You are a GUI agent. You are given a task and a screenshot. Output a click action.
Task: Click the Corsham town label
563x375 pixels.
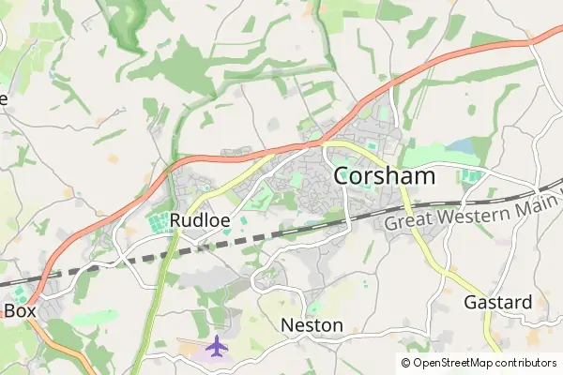385,176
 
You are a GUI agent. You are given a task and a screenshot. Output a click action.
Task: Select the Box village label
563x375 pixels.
21,309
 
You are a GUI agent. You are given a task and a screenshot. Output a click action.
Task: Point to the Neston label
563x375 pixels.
312,325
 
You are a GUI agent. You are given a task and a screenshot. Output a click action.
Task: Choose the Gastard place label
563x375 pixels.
498,303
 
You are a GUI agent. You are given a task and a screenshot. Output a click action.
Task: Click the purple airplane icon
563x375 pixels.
218,346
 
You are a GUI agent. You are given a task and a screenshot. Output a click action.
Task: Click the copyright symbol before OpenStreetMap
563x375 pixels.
406,363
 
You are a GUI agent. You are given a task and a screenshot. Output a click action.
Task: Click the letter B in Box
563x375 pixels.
10,309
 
